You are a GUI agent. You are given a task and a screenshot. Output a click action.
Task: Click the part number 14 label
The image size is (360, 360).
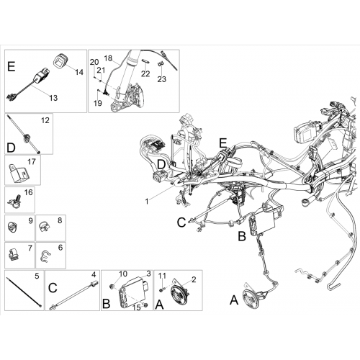(x=79, y=72)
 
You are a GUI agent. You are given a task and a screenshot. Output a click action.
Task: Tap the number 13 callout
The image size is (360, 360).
(x=53, y=98)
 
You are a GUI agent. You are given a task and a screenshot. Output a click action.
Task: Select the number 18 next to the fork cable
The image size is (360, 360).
(x=109, y=58)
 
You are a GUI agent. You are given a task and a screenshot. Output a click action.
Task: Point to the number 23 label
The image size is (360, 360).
(x=162, y=79)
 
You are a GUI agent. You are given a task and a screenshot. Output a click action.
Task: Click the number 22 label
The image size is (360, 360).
(x=145, y=73)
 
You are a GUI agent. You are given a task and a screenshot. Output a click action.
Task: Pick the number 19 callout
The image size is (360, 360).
(x=98, y=103)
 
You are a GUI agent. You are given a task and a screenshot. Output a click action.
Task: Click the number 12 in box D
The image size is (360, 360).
(x=45, y=120)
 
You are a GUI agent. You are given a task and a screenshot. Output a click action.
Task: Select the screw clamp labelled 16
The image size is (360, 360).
(x=14, y=202)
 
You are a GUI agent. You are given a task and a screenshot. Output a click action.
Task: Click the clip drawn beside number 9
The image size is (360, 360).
(x=12, y=227)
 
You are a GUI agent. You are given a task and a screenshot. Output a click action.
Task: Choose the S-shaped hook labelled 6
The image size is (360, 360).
(x=45, y=256)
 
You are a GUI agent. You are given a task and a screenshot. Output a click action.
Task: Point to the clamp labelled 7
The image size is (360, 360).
(x=14, y=254)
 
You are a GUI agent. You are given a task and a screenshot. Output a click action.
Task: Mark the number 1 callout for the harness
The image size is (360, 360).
(x=147, y=202)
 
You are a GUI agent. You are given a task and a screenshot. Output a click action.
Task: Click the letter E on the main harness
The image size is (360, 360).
(x=223, y=143)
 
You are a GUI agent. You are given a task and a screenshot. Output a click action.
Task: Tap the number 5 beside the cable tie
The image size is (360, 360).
(x=37, y=276)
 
